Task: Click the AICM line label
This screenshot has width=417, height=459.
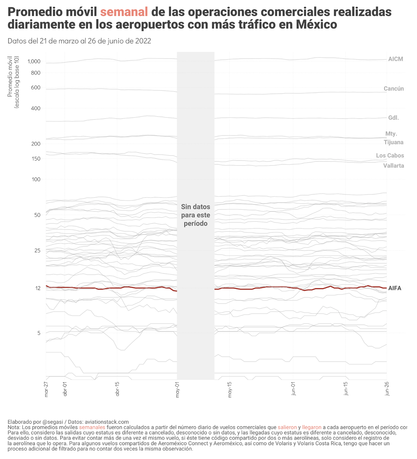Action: (396, 59)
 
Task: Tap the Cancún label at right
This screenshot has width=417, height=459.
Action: (394, 89)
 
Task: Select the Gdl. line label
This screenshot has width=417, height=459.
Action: (393, 118)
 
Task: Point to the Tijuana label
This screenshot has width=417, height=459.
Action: (394, 142)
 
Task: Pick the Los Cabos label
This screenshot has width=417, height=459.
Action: (390, 156)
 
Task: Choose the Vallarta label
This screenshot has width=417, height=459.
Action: (394, 166)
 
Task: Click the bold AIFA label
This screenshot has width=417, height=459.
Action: (395, 288)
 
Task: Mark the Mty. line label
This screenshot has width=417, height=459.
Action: (391, 134)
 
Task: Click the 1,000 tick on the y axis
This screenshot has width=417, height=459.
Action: (34, 61)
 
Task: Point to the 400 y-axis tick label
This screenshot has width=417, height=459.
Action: (36, 108)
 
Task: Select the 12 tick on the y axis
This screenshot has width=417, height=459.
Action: (37, 288)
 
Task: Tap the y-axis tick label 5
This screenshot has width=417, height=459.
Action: (39, 333)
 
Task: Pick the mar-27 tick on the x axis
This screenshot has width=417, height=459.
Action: (46, 389)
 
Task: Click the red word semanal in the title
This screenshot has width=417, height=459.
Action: (124, 12)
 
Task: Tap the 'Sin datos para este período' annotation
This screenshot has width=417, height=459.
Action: (196, 215)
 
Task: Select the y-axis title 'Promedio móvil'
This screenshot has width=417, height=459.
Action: (10, 77)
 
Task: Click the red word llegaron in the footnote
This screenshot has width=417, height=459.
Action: (311, 427)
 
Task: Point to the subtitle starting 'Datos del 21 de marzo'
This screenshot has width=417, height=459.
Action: (79, 41)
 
